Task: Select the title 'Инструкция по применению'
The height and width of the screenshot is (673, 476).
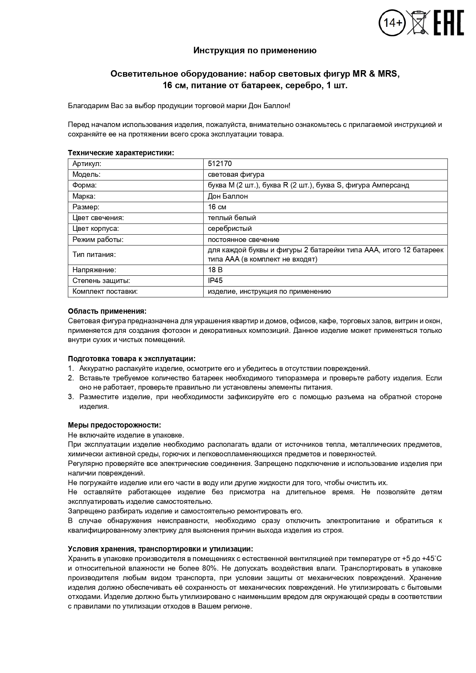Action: tap(255, 51)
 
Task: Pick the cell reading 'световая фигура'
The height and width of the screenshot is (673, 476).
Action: tap(236, 174)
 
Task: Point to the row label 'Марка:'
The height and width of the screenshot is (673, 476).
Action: tap(84, 196)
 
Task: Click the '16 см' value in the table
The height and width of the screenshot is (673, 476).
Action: tap(217, 207)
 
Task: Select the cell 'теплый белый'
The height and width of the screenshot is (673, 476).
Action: tap(232, 218)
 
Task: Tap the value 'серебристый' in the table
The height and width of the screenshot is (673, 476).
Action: tap(230, 229)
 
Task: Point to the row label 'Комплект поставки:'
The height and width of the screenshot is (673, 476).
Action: tap(105, 291)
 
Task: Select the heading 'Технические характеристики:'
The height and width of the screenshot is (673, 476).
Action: tap(121, 153)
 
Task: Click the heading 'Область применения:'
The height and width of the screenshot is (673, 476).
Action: tap(107, 311)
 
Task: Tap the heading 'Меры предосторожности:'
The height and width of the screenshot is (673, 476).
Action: tap(114, 425)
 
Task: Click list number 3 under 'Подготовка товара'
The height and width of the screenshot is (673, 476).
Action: tap(71, 397)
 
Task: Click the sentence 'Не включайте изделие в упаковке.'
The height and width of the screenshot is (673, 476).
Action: tap(126, 435)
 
